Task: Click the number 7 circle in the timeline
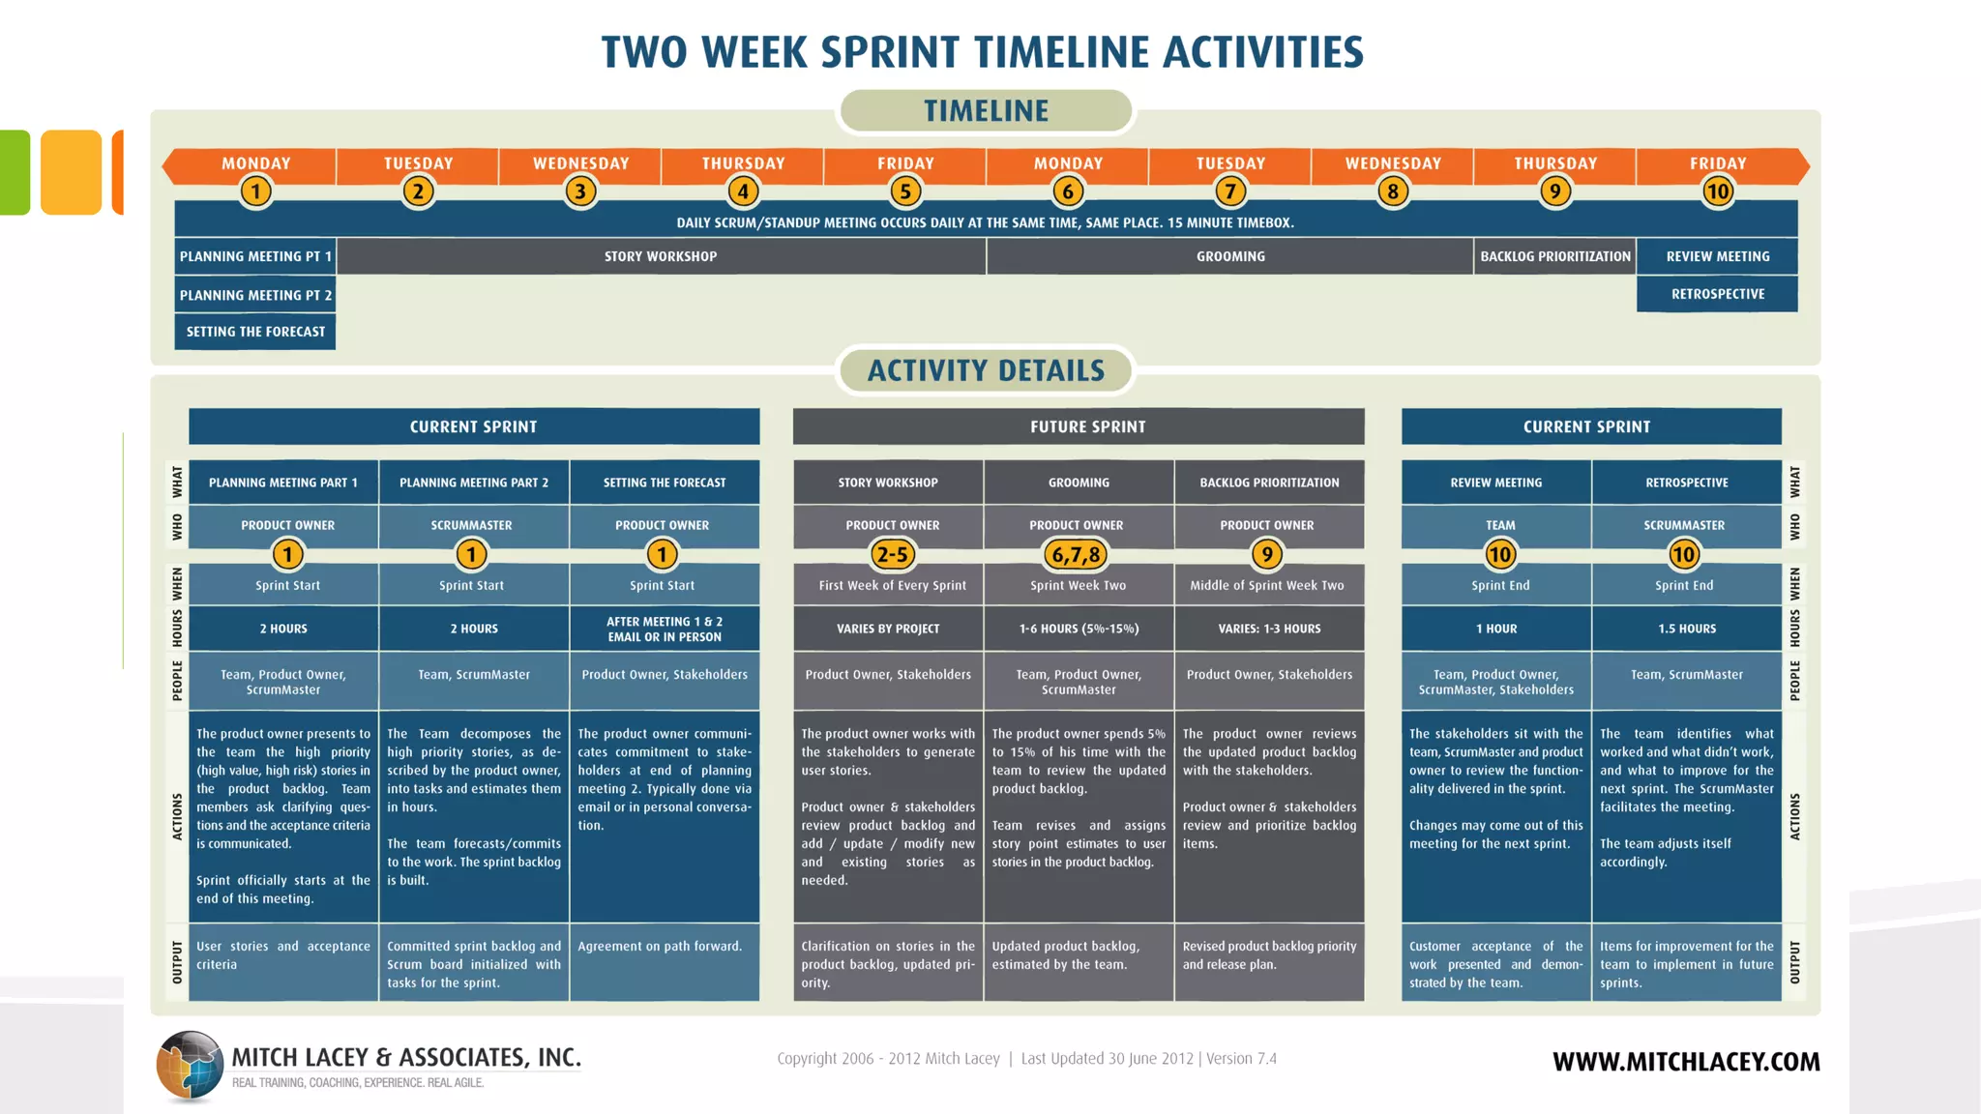point(1230,191)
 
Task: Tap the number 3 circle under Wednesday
point(580,191)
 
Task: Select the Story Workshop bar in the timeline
point(661,256)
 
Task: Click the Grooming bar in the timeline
point(1230,256)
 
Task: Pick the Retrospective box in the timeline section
point(1717,294)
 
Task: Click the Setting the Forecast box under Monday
point(255,332)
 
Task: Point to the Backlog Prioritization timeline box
point(1554,256)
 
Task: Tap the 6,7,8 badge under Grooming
point(1077,554)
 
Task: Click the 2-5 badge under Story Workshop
point(892,554)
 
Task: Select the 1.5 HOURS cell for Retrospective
point(1686,629)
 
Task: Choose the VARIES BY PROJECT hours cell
point(888,629)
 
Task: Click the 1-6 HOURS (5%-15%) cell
point(1079,629)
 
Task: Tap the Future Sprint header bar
point(1079,426)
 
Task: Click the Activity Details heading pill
point(986,370)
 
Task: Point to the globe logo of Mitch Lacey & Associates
point(190,1066)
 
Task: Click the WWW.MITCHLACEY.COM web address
point(1686,1062)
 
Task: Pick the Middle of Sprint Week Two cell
point(1267,585)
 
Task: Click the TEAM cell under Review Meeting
point(1500,525)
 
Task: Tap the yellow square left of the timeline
point(71,172)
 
